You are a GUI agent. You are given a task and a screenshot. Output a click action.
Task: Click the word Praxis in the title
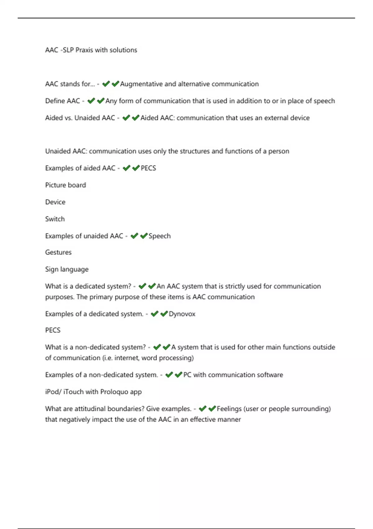click(84, 50)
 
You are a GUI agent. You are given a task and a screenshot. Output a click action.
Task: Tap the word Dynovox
click(182, 314)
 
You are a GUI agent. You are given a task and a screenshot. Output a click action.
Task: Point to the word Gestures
click(58, 252)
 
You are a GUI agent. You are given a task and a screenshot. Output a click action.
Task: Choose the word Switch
click(55, 219)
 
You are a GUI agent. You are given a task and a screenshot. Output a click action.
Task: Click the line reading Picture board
click(66, 185)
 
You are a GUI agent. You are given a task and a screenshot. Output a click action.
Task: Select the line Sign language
click(67, 269)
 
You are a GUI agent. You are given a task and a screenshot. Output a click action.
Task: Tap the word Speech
click(159, 236)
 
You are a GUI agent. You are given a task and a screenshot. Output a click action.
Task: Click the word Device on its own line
click(55, 202)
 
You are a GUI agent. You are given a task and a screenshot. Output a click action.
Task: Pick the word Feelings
click(229, 409)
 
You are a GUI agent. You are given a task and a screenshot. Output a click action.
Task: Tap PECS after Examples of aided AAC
click(148, 168)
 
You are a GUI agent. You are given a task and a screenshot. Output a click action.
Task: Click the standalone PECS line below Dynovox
click(53, 330)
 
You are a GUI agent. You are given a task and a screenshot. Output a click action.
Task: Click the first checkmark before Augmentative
click(106, 84)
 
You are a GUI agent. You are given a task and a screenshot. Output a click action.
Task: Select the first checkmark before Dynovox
click(154, 314)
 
